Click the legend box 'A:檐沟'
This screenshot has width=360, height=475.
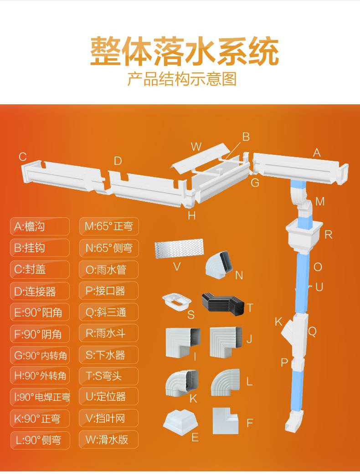point(40,226)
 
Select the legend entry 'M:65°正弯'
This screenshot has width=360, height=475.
point(109,226)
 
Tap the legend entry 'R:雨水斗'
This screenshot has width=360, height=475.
point(109,333)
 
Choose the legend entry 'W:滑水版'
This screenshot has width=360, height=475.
point(109,439)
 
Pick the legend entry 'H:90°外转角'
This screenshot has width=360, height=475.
point(40,376)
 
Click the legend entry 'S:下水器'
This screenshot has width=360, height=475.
point(109,355)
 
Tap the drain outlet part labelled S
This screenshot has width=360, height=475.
point(177,302)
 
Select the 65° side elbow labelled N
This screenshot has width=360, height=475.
point(220,263)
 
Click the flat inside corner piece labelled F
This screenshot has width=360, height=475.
point(226,421)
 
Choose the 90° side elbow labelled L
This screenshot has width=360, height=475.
point(225,382)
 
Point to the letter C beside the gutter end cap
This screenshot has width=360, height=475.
point(23,157)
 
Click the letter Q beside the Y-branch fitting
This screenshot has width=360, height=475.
point(312,332)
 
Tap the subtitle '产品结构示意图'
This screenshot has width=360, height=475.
point(182,79)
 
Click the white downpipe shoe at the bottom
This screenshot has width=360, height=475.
point(294,420)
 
